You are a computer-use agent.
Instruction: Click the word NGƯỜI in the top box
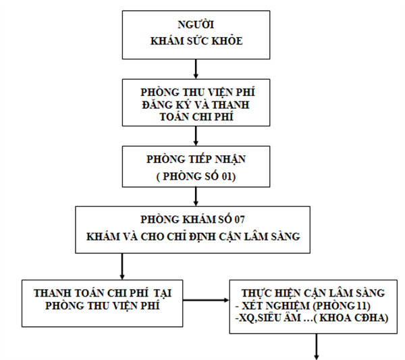196,24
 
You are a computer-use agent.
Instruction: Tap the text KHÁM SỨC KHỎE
196,41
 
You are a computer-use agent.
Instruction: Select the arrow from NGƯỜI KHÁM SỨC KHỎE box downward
196,69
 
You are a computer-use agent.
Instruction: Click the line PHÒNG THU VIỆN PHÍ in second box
198,92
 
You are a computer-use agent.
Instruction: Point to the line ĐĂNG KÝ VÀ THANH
196,105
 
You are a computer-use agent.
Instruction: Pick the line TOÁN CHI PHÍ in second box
196,117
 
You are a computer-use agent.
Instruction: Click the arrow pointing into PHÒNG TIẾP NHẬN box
196,136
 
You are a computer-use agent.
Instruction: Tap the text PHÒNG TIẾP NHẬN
196,159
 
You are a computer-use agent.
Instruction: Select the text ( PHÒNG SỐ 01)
196,176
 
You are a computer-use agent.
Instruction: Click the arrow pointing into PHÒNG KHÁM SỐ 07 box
196,197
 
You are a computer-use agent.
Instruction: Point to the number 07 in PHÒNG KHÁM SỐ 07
239,220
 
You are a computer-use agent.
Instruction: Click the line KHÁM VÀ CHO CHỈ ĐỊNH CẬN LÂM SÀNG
193,236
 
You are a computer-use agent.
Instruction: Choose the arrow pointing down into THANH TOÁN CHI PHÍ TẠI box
122,266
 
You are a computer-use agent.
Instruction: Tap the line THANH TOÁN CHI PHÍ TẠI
103,293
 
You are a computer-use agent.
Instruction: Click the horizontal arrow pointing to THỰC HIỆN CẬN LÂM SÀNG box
206,300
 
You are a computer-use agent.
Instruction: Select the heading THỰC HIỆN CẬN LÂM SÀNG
313,293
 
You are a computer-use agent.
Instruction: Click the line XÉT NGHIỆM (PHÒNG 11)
302,305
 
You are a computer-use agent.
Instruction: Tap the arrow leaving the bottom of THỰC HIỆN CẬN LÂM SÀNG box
316,346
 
